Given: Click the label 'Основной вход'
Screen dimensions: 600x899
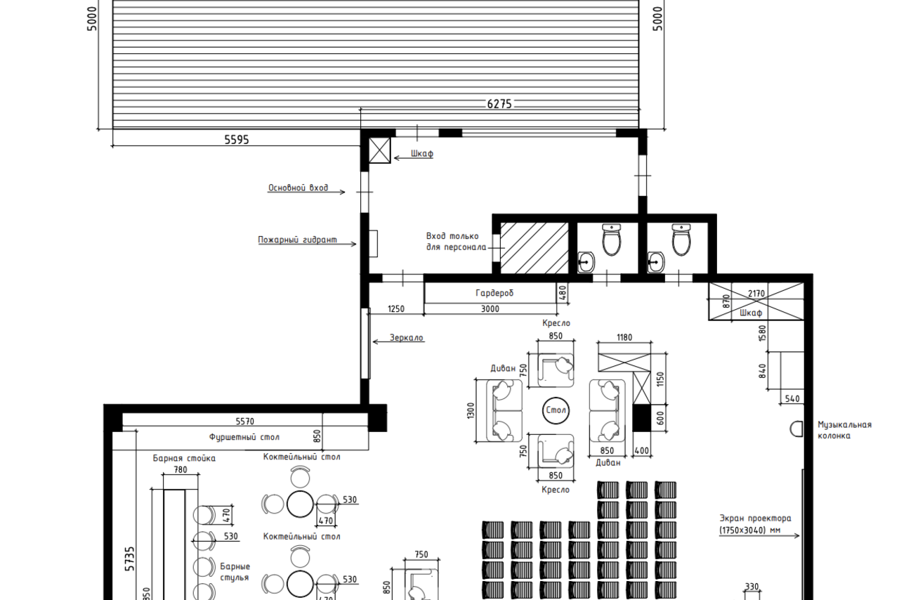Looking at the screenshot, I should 298,188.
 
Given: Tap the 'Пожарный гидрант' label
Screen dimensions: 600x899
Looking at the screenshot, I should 297,240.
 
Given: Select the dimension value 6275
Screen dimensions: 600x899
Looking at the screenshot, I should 499,104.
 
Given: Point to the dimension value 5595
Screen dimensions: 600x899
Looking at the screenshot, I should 237,140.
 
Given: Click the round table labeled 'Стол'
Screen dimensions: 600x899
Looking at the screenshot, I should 556,410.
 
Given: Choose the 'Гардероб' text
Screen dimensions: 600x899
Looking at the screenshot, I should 494,293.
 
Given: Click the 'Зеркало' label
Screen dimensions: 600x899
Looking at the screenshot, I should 407,339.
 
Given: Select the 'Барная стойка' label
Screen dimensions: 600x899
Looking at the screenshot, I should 184,459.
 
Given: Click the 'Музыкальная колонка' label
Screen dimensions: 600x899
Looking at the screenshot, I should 844,430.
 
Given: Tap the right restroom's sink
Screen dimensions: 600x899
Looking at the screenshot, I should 656,263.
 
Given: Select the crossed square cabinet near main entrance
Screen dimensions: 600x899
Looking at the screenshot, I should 380,150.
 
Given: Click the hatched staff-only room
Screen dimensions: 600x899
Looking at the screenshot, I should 533,248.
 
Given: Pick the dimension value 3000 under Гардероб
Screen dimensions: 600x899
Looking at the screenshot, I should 490,309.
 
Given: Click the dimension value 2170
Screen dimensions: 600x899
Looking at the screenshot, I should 756,294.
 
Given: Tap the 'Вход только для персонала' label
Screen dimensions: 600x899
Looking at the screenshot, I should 455,242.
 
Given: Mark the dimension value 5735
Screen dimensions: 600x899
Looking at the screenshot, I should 130,559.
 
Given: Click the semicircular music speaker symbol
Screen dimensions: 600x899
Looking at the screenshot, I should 796,428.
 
